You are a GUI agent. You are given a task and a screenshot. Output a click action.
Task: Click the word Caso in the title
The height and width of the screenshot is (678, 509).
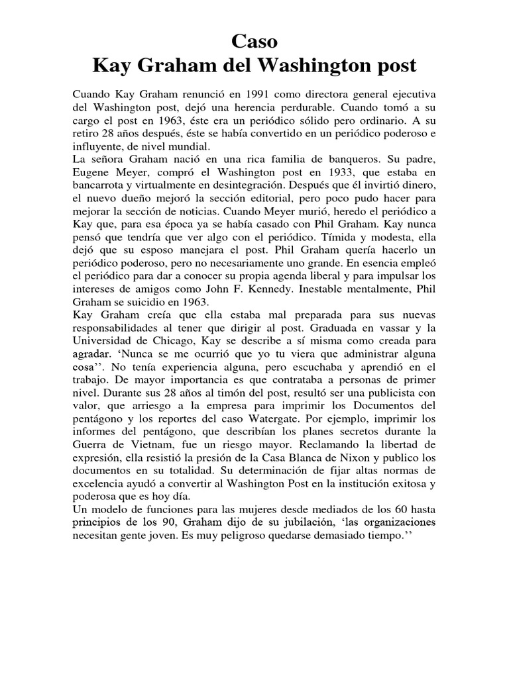point(254,42)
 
